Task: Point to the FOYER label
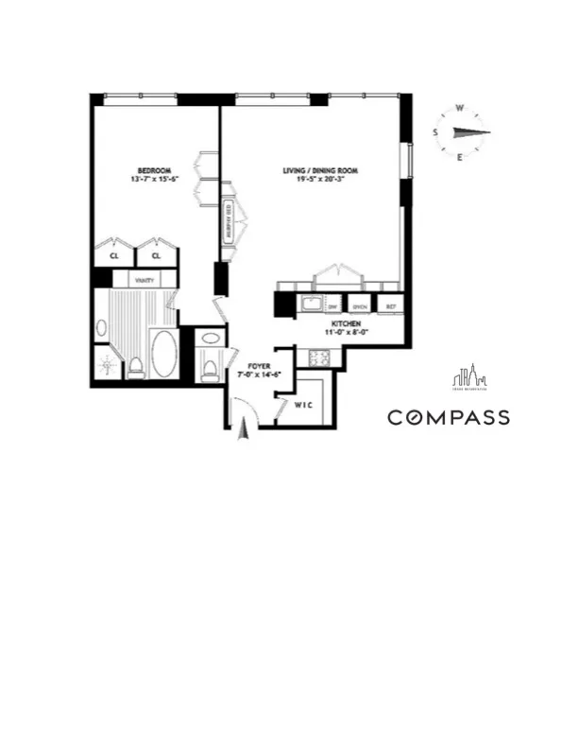click(x=260, y=364)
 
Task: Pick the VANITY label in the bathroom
click(x=144, y=280)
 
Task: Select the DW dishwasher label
click(x=332, y=306)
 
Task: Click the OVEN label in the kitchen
click(x=360, y=306)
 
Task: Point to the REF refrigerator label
click(x=388, y=306)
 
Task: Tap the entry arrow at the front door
click(x=243, y=430)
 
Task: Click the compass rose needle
click(x=466, y=133)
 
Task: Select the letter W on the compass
click(x=460, y=108)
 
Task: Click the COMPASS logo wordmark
click(x=449, y=417)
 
